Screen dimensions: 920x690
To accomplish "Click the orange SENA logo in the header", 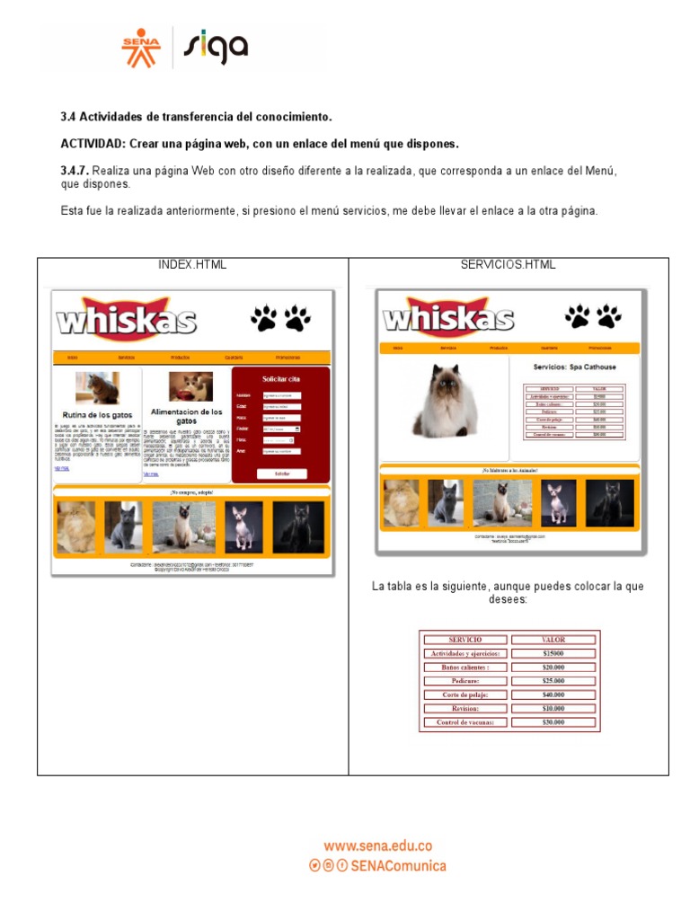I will tap(140, 48).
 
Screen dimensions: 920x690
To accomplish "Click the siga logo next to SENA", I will tap(216, 48).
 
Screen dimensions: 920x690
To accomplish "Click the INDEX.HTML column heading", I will tap(192, 265).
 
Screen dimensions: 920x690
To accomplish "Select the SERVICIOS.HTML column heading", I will tap(509, 265).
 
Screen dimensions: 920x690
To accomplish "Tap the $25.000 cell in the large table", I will tap(553, 681).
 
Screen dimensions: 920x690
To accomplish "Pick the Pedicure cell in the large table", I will tap(465, 681).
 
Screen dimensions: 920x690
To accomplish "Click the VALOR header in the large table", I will tap(553, 640).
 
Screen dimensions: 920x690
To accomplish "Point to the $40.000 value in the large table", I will tap(553, 694).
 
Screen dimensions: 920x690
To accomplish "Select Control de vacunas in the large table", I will tap(465, 722).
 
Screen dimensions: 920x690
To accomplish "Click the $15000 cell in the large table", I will tap(553, 653).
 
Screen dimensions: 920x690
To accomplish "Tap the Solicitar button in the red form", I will tap(282, 473).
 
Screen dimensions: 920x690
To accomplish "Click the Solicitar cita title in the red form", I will tap(281, 379).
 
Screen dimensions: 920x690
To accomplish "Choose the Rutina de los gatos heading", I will tap(97, 415).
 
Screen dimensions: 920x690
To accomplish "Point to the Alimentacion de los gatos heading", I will tap(186, 416).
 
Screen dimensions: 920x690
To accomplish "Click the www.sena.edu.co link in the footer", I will tap(377, 845).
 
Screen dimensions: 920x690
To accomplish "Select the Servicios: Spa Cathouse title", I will tap(574, 367).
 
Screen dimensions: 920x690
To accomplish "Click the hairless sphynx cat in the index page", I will tap(243, 527).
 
